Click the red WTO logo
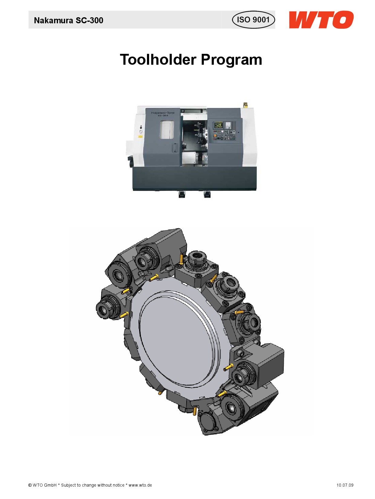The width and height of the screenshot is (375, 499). click(321, 20)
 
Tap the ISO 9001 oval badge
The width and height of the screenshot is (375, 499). click(253, 20)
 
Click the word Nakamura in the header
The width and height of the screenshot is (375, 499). click(54, 21)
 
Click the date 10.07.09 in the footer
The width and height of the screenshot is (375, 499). click(345, 485)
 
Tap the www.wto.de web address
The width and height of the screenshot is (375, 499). click(140, 485)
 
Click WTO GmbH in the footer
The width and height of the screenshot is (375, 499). click(44, 485)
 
